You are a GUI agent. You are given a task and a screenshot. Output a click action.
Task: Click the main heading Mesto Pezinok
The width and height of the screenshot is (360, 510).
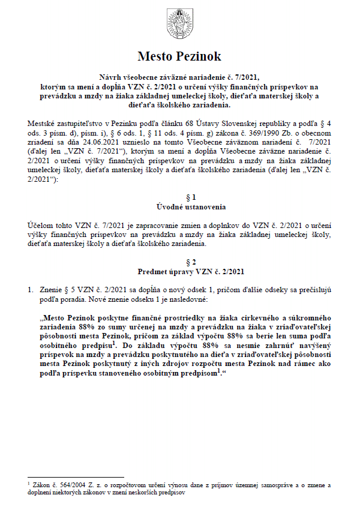(x=179, y=56)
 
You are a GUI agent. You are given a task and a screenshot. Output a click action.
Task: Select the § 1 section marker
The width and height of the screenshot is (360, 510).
(x=179, y=197)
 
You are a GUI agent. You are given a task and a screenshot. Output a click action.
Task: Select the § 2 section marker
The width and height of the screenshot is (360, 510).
(x=179, y=262)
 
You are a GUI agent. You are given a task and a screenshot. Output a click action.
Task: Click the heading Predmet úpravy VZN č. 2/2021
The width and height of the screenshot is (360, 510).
(x=179, y=271)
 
